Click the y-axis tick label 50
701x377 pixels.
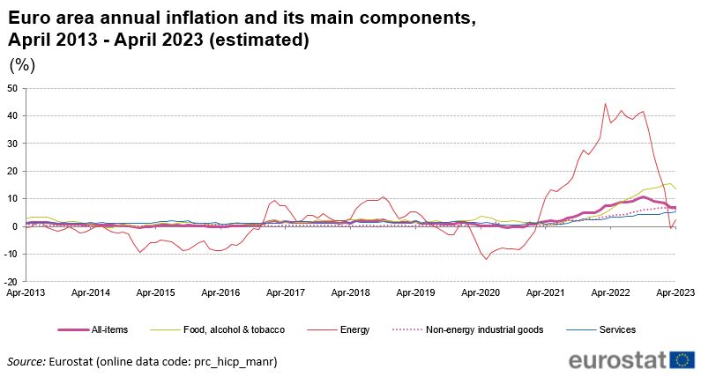(12, 89)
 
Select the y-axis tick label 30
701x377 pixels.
(12, 144)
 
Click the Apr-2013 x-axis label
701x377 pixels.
(26, 292)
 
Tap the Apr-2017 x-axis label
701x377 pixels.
(285, 292)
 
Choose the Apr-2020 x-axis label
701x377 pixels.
(480, 292)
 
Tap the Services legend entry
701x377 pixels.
(616, 330)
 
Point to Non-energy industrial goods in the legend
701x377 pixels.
(484, 330)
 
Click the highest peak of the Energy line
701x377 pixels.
(605, 104)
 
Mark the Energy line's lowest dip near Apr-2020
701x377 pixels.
(486, 259)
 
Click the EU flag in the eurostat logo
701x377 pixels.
(682, 359)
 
